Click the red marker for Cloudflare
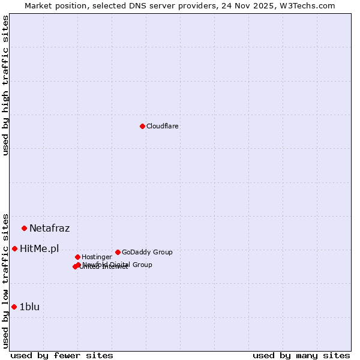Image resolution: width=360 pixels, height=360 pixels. (142, 126)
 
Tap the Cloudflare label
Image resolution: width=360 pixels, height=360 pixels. (162, 126)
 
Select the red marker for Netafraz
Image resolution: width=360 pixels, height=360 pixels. (24, 228)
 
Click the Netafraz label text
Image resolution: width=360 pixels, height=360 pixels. (49, 228)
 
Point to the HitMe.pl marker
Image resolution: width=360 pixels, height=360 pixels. (14, 248)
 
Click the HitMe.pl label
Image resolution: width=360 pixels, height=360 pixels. (39, 248)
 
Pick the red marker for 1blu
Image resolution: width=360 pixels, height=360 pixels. (14, 307)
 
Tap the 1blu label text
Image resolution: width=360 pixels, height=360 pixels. (29, 307)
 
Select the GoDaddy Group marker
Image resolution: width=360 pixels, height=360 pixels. (118, 252)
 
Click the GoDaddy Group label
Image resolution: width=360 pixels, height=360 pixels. (147, 252)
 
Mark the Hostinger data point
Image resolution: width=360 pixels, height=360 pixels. (77, 257)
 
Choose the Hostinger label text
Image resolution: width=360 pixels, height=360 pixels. (97, 257)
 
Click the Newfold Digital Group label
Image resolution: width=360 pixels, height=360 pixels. (118, 265)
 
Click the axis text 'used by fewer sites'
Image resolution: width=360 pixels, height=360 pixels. (62, 355)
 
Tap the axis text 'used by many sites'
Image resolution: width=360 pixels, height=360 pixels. (301, 355)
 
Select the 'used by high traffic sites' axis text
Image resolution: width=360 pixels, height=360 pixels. (5, 85)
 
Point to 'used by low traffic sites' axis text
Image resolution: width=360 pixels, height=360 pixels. (5, 280)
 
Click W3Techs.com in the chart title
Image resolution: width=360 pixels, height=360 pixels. (310, 5)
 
